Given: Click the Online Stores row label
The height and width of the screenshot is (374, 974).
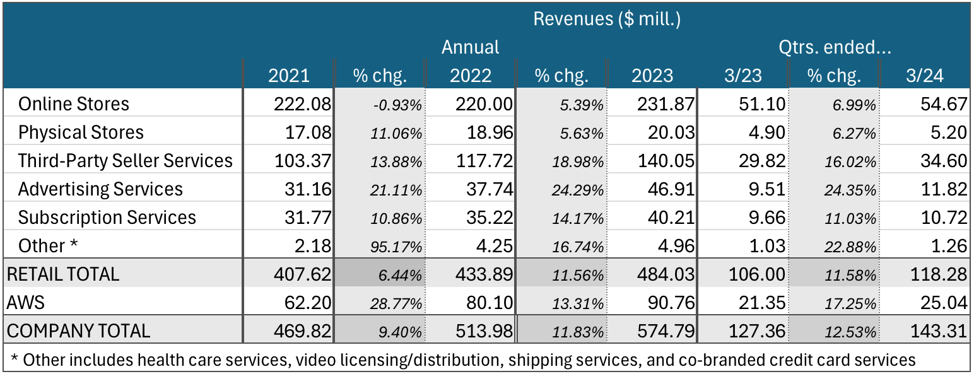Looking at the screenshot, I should [74, 104].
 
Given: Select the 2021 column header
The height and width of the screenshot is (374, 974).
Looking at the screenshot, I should [289, 76].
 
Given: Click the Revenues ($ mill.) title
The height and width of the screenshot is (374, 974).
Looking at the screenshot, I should [607, 18].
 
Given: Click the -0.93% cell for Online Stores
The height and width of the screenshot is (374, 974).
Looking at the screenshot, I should [397, 105].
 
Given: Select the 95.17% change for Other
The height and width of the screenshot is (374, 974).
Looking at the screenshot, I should [397, 247].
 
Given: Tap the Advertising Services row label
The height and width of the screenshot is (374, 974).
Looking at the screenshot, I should [100, 189].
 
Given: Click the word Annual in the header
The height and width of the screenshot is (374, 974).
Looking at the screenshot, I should [470, 47].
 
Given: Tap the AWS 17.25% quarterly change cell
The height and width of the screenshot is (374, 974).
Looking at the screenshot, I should [850, 304].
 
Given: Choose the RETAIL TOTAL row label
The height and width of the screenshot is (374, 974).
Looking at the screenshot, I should [62, 274].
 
